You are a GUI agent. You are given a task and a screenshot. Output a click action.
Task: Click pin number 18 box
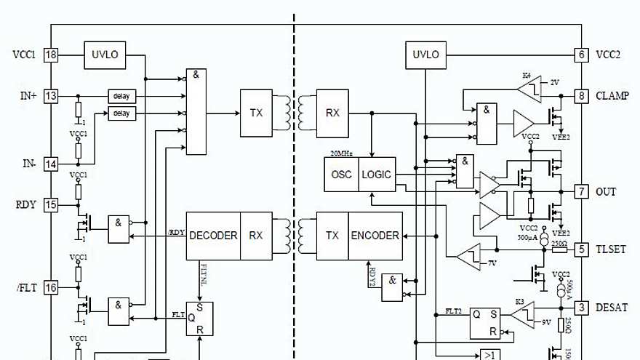point(51,55)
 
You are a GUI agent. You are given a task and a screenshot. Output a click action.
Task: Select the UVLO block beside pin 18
point(105,55)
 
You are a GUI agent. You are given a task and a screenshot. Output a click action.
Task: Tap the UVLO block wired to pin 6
point(425,55)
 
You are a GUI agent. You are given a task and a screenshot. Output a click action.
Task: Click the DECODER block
point(213,236)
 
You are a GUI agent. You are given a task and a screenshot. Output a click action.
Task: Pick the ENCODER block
point(375,236)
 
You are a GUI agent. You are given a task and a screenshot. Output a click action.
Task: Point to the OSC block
point(341,175)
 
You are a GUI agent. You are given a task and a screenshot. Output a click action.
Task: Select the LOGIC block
point(376,175)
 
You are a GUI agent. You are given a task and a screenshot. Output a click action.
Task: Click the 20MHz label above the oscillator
point(342,153)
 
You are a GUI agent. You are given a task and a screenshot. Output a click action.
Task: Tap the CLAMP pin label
point(612,96)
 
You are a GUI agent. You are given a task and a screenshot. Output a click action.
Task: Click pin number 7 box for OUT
point(581,191)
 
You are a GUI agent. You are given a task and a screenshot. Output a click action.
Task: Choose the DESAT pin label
point(612,307)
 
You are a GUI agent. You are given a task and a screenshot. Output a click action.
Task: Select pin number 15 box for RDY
point(51,205)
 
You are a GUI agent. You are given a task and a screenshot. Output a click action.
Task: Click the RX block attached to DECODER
point(256,236)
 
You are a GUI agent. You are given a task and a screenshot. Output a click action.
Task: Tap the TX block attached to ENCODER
point(332,236)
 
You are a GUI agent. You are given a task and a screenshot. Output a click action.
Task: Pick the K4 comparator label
point(527,75)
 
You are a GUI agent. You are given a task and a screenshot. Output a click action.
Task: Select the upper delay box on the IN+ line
point(121,96)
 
